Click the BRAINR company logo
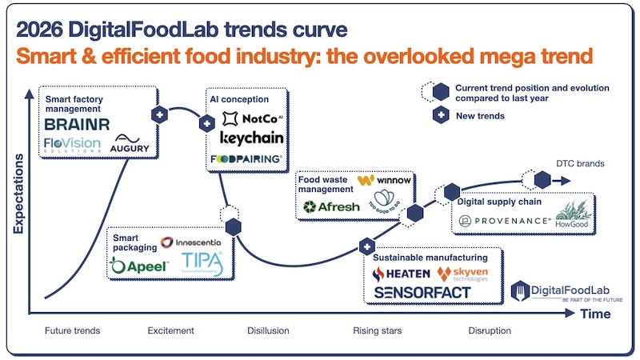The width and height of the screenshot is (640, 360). tap(76, 126)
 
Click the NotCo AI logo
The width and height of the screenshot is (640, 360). tap(249, 119)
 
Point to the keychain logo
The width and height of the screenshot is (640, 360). tap(250, 138)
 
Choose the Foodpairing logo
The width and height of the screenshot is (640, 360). tap(246, 159)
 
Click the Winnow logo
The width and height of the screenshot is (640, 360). tap(385, 181)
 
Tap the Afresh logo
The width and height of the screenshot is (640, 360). tap(330, 207)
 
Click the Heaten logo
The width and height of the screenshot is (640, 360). tap(402, 274)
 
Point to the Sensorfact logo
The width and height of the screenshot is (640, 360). tap(422, 293)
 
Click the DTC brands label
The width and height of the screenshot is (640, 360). tap(579, 165)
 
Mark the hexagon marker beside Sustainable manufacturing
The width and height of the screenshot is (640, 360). tap(366, 246)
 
